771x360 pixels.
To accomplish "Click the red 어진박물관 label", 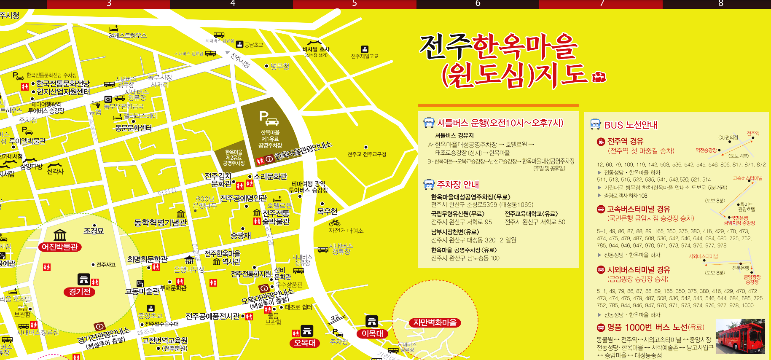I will [x=60, y=247].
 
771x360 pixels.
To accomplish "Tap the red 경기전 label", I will [x=80, y=292].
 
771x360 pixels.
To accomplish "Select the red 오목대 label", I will [x=305, y=343].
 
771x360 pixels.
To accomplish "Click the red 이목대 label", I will [x=372, y=333].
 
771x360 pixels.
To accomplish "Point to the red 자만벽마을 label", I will [x=435, y=323].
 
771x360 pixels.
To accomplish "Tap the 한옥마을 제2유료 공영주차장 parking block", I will [x=234, y=157].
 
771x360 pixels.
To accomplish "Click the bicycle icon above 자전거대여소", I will [x=335, y=223].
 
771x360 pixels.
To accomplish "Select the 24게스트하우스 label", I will [x=127, y=35].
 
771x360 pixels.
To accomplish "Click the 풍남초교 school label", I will [x=253, y=45].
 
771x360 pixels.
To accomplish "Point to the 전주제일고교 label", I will [x=365, y=56].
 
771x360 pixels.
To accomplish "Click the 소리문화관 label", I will [x=270, y=177].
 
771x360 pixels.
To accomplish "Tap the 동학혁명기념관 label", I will [x=160, y=223].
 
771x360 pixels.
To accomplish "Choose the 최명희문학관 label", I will [x=147, y=259].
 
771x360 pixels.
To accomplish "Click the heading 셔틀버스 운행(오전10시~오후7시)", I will [x=500, y=123].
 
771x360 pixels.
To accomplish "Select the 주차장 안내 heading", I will [x=458, y=185].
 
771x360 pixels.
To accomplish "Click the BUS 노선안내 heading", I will [x=631, y=125].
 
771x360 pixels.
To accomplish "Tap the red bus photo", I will [x=741, y=336].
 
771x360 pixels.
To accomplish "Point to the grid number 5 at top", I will [x=355, y=4].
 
